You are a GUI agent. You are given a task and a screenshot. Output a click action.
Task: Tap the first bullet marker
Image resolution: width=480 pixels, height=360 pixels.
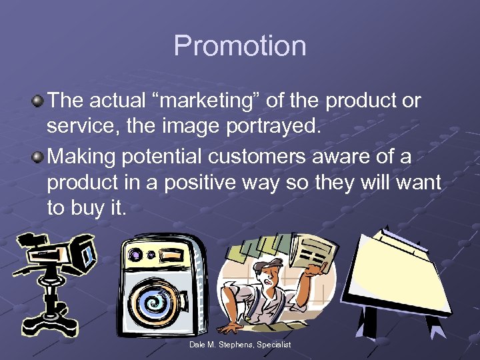39,101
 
